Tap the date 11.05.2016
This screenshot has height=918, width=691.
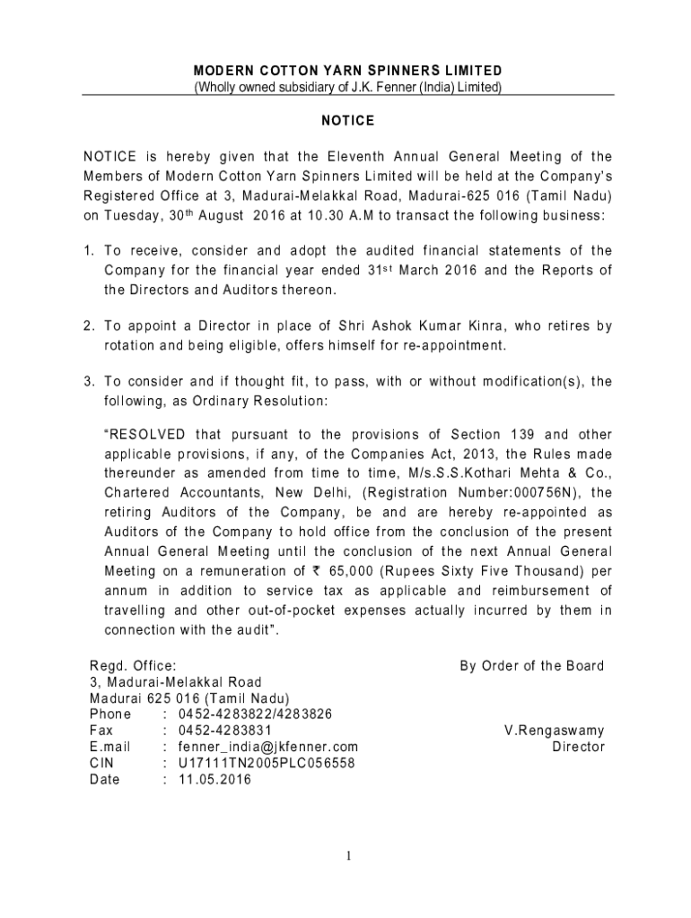[215, 779]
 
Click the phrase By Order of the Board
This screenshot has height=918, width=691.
[532, 666]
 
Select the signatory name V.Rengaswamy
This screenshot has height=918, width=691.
[555, 731]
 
